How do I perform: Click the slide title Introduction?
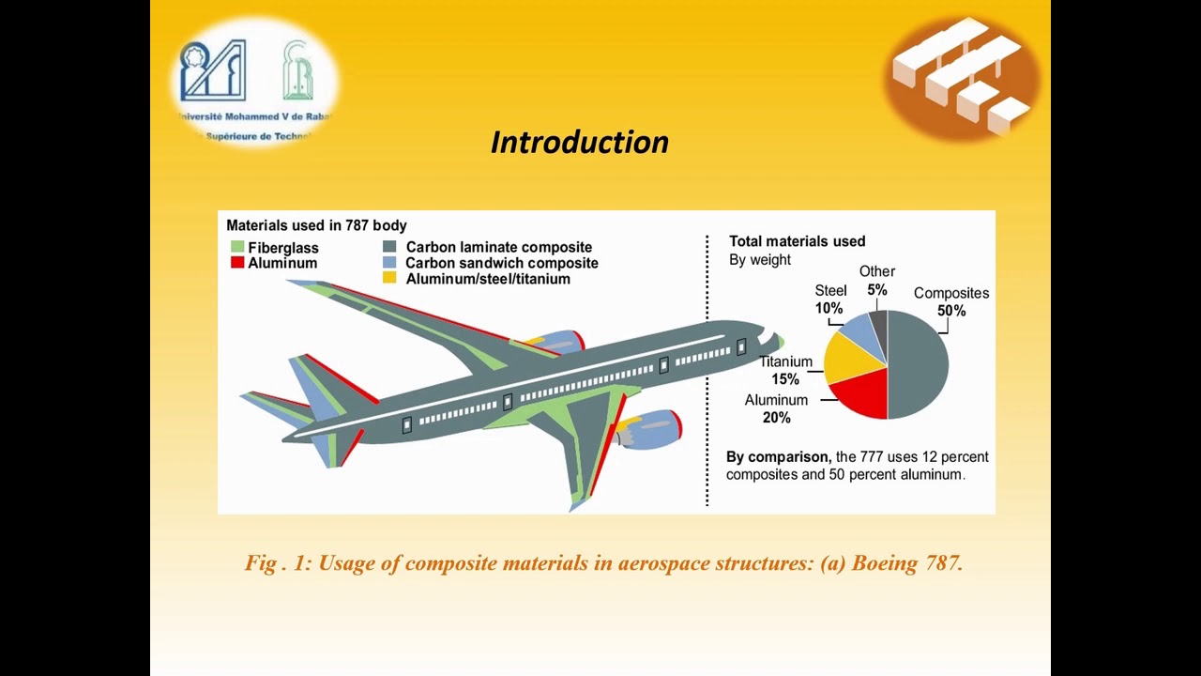tap(579, 142)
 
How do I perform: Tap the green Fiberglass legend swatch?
tap(237, 247)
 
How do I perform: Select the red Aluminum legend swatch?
tap(237, 263)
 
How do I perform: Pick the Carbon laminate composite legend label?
tap(498, 247)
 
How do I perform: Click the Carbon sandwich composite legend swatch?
tap(389, 263)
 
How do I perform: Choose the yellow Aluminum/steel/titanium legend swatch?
tap(389, 279)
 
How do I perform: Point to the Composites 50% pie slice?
tap(920, 364)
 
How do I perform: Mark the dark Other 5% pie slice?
tap(879, 323)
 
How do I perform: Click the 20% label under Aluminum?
tap(776, 418)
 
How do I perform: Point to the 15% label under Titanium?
tap(785, 379)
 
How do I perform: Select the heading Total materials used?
tap(797, 241)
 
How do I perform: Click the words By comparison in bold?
tap(778, 457)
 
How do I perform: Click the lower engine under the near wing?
tap(649, 429)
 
